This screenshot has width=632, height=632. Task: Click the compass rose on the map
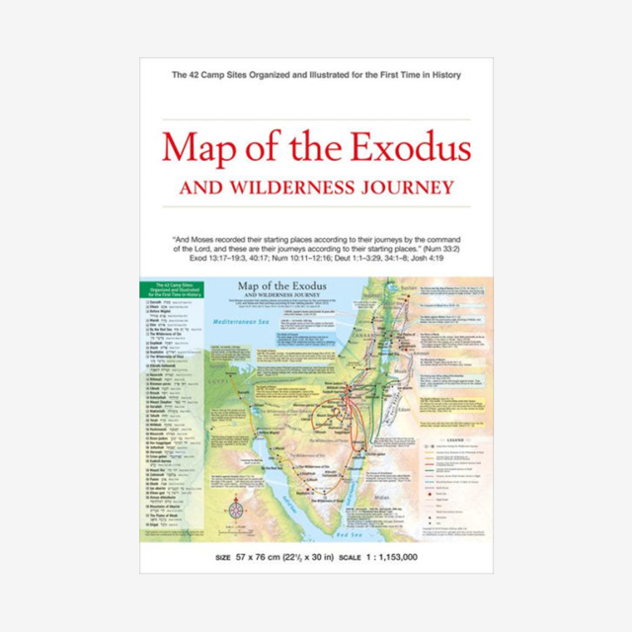click(x=236, y=513)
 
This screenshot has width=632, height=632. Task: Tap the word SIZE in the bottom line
click(x=221, y=558)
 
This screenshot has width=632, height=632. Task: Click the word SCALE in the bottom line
click(x=351, y=558)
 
